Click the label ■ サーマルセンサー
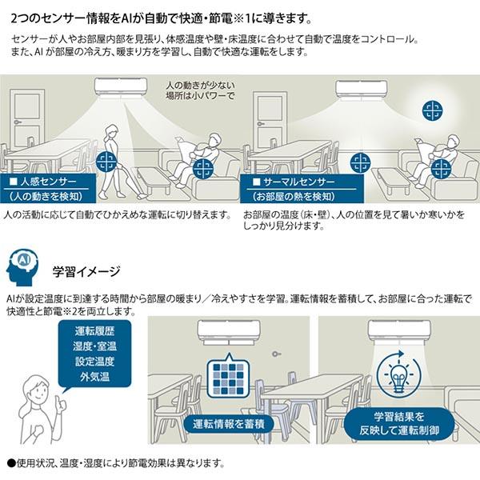pyautogui.click(x=289, y=182)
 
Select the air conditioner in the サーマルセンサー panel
pyautogui.click(x=360, y=87)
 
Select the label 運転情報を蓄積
pyautogui.click(x=229, y=423)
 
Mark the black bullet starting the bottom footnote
pyautogui.click(x=10, y=463)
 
